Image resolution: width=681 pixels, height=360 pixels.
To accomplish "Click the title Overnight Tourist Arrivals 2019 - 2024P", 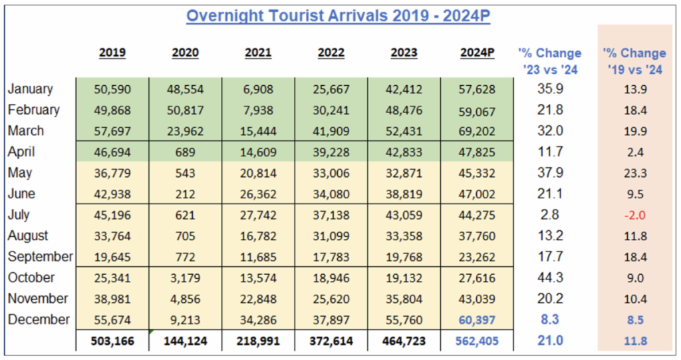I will [x=338, y=16].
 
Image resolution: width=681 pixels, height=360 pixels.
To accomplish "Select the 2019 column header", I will [x=112, y=53].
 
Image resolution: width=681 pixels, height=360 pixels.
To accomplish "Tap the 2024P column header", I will [x=477, y=53].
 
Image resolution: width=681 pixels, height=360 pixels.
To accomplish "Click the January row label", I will [x=31, y=89].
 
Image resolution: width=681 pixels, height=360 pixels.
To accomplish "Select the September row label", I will [x=41, y=257].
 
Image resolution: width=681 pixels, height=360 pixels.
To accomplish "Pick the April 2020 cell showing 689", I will [x=185, y=152].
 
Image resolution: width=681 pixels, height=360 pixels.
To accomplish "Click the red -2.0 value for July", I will [x=634, y=215].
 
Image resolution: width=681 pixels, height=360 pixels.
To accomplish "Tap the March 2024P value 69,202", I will [x=477, y=131].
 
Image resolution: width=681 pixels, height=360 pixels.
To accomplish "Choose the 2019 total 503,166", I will [x=112, y=341].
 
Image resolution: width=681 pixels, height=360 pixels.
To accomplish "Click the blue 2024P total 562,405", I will [x=477, y=341].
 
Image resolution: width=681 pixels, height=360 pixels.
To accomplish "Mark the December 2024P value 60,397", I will [x=477, y=320].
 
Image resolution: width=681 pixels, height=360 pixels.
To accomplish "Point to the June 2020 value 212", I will [x=185, y=194].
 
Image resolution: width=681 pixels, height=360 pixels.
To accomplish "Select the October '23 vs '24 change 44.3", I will [x=549, y=278].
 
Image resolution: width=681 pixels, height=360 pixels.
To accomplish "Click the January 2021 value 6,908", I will [x=258, y=89].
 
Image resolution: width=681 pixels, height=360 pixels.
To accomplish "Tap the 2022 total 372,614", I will [x=331, y=341].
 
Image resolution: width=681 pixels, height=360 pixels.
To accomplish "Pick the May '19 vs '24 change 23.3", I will [x=634, y=173].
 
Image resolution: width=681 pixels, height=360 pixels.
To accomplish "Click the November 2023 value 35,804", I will [x=404, y=299].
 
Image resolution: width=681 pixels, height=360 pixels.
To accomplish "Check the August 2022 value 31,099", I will [x=331, y=236].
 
